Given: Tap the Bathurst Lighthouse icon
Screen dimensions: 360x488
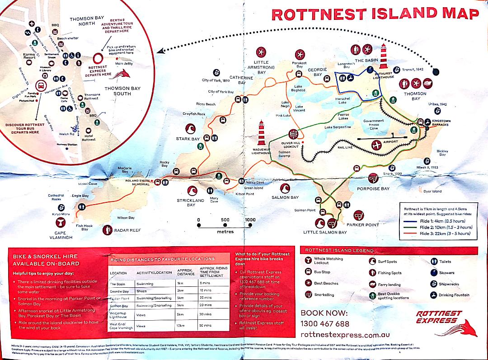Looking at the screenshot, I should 383,56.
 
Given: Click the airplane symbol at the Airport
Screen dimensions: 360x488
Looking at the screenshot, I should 376,145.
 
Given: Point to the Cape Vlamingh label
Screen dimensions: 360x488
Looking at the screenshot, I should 61,235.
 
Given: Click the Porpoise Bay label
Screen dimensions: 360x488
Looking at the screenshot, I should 373,189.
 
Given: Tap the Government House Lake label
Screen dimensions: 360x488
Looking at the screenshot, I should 374,124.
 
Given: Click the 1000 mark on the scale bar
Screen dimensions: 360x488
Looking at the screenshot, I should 250,220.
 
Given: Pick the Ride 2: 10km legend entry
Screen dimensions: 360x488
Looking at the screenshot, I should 446,227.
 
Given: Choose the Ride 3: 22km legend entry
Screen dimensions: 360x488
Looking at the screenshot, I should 445,234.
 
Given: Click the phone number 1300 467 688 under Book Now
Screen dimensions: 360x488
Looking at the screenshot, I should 324,324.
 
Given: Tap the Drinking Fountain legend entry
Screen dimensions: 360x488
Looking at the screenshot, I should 454,295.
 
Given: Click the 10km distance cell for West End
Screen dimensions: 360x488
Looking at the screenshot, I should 180,325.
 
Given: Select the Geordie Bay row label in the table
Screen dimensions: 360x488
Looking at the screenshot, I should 119,291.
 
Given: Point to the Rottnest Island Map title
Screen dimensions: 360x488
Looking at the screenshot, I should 375,14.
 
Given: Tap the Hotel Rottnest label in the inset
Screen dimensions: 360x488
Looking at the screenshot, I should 89,138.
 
